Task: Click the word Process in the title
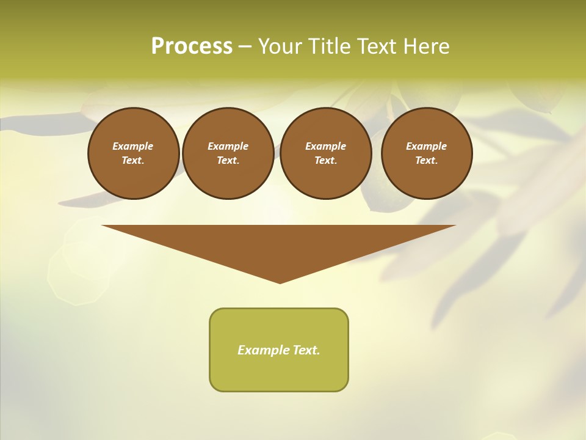click(x=192, y=46)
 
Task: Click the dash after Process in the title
click(x=245, y=47)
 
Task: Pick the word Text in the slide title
click(x=378, y=46)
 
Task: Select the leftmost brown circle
click(x=134, y=153)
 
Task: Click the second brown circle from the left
click(x=228, y=153)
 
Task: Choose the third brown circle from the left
click(x=326, y=153)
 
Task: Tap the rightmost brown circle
click(x=427, y=153)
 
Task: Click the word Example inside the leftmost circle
click(x=133, y=146)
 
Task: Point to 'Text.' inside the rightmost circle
click(x=427, y=161)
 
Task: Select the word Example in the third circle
click(x=326, y=146)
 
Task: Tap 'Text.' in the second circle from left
click(x=228, y=161)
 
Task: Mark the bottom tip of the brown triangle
click(x=280, y=282)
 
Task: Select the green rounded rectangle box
click(x=279, y=350)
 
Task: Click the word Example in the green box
click(x=264, y=350)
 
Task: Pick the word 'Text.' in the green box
click(x=306, y=350)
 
